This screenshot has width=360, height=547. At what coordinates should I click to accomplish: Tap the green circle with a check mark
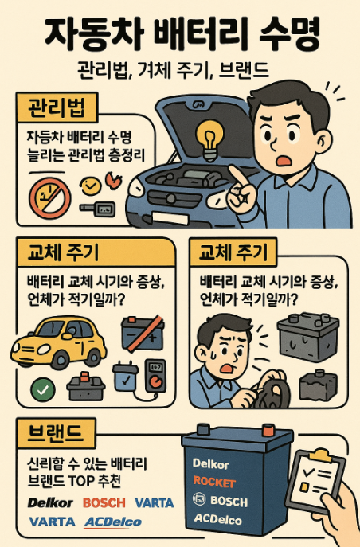pos(41,389)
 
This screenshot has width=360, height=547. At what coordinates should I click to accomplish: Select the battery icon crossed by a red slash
pos(142,333)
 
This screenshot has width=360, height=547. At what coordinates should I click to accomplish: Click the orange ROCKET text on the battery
pos(216,482)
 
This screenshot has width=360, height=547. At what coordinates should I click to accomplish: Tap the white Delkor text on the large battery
pos(212,463)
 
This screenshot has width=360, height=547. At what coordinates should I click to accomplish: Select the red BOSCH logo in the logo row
pos(104,503)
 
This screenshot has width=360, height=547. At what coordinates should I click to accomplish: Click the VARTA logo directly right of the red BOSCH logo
pos(155,503)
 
